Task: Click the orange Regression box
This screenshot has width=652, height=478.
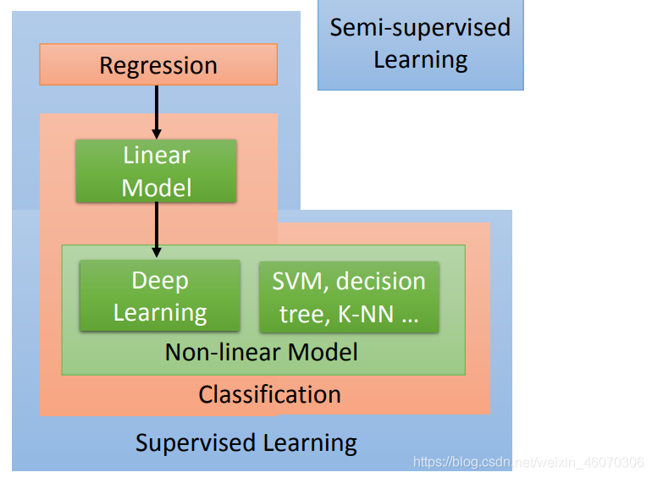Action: click(158, 64)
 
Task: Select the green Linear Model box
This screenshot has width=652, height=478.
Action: click(157, 171)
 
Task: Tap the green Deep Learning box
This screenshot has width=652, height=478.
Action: click(160, 296)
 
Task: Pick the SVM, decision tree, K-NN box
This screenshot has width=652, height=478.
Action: click(349, 297)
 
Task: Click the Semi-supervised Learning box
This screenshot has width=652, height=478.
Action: click(421, 45)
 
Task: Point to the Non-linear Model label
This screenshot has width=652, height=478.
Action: click(261, 352)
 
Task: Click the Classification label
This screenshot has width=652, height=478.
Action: click(269, 394)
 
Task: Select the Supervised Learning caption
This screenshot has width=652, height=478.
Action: click(246, 443)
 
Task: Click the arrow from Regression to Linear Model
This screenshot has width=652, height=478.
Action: click(157, 113)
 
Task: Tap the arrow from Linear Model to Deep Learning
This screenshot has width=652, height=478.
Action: click(157, 229)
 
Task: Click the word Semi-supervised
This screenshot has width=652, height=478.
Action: click(420, 28)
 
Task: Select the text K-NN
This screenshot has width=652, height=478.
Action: click(366, 314)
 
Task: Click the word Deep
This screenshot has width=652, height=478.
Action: click(160, 281)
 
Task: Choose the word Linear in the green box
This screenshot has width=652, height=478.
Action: click(157, 156)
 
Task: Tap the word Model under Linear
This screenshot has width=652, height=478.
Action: click(157, 188)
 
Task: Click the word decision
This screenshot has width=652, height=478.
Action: click(381, 281)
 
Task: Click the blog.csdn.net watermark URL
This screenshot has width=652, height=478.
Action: click(528, 462)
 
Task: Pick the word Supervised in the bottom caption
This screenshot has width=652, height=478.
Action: click(196, 443)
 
